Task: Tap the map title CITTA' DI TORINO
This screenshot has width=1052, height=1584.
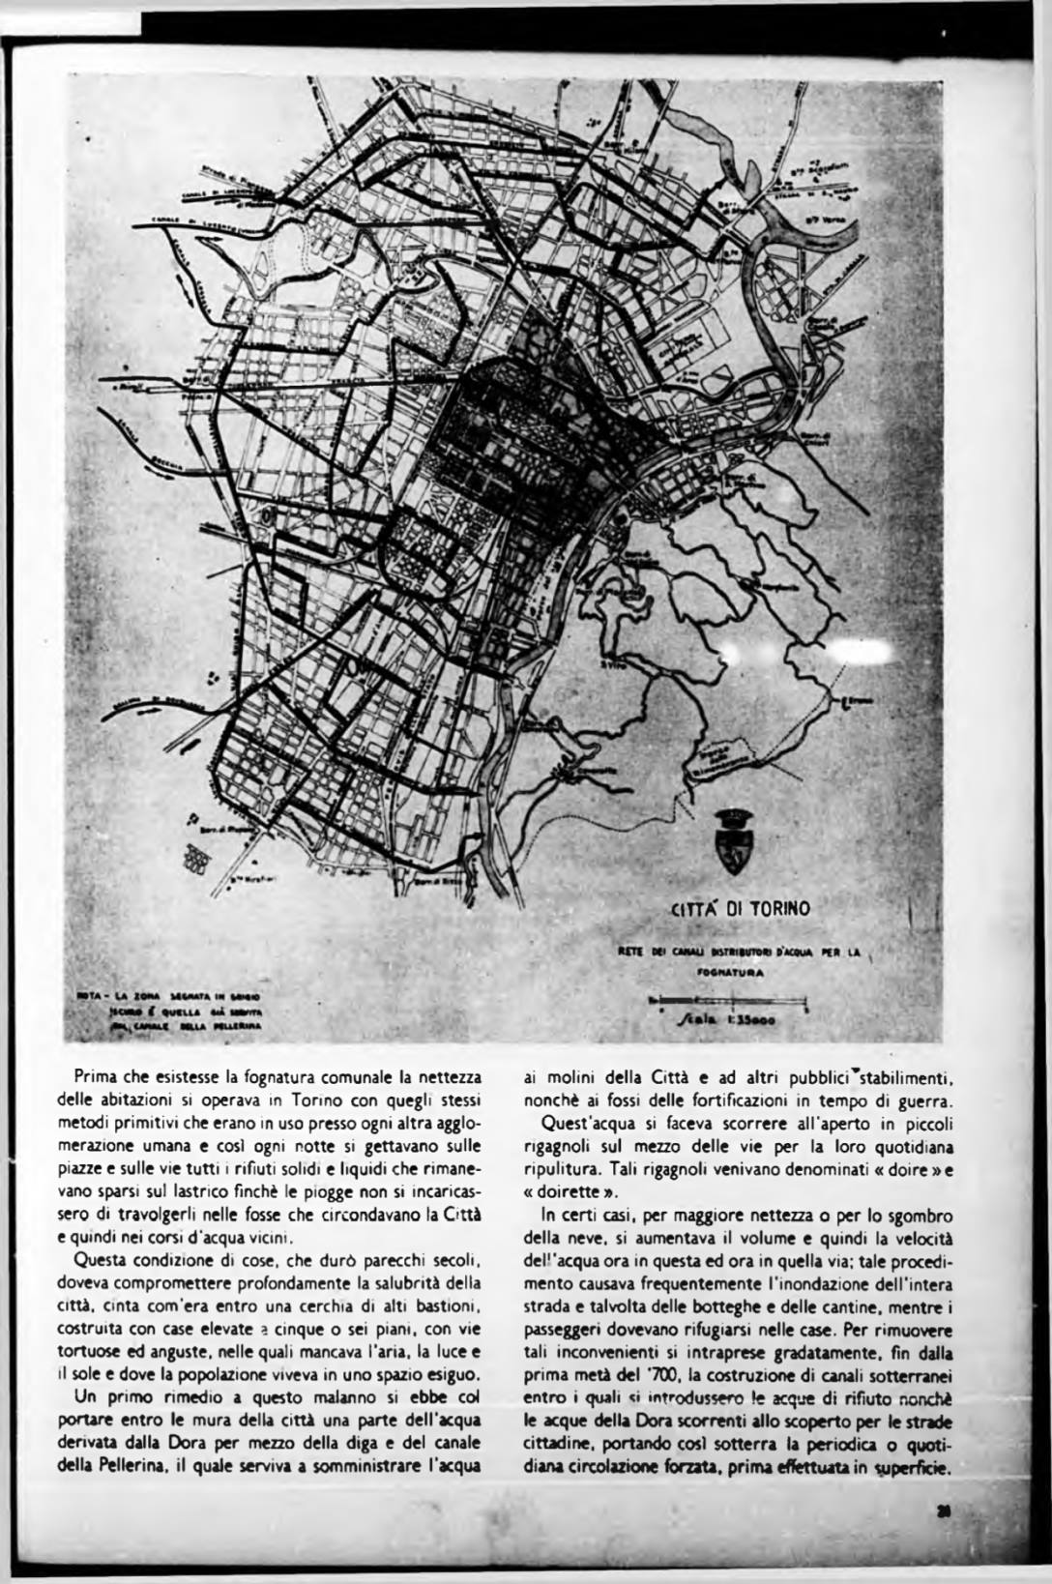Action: click(741, 909)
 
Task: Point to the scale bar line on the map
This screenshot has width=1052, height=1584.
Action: click(729, 999)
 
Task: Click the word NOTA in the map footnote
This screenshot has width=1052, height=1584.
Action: click(90, 995)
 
